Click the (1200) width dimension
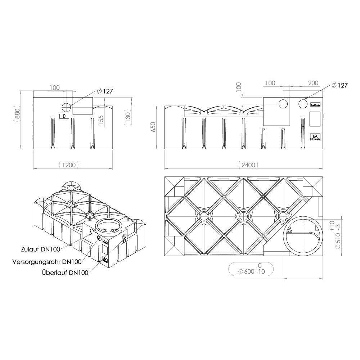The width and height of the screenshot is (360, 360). pyautogui.click(x=69, y=165)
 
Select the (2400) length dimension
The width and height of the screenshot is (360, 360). pyautogui.click(x=248, y=165)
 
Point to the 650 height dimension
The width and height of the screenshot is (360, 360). pyautogui.click(x=153, y=127)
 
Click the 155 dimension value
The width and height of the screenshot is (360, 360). pyautogui.click(x=101, y=120)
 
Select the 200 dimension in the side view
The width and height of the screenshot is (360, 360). pyautogui.click(x=313, y=83)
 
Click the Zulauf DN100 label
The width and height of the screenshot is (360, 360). pyautogui.click(x=41, y=249)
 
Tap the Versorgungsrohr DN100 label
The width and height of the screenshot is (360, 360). pyautogui.click(x=47, y=262)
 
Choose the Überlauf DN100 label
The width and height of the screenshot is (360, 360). pyautogui.click(x=65, y=273)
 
